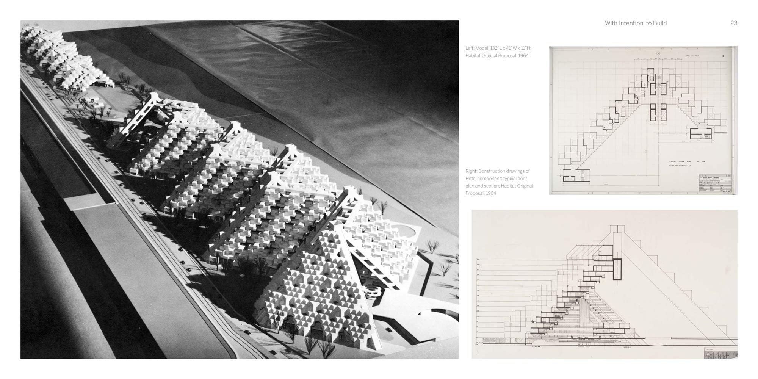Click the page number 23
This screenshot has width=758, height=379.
734,23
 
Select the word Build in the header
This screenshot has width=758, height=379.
659,23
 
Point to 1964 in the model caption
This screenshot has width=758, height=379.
523,56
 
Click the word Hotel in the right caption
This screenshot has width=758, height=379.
472,179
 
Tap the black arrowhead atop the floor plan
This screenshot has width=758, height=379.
723,56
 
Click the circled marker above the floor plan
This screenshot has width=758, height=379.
658,53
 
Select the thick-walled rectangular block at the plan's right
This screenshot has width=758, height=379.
700,134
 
